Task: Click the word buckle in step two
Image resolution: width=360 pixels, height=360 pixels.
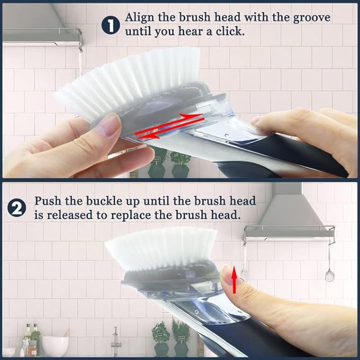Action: [117, 201]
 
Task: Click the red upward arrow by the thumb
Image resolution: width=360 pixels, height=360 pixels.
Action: [234, 279]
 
